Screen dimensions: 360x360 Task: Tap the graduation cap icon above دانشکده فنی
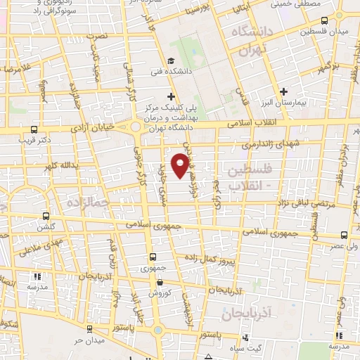point(172,60)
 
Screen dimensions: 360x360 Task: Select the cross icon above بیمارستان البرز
point(283,91)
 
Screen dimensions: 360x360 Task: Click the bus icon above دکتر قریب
point(34,129)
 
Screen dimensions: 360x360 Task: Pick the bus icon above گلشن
point(46,216)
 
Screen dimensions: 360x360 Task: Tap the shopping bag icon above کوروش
point(160,282)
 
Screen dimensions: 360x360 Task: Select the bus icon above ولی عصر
point(344,236)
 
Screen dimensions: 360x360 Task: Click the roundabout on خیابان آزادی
point(136,127)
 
